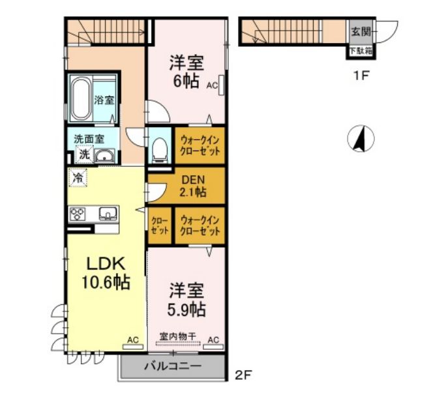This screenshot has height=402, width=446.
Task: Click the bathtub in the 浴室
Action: pyautogui.click(x=81, y=99)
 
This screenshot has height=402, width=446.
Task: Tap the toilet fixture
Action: pyautogui.click(x=160, y=150)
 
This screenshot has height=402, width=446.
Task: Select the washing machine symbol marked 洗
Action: pyautogui.click(x=84, y=154)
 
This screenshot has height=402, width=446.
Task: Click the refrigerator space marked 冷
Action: pyautogui.click(x=78, y=177)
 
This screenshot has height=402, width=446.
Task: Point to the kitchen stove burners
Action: pyautogui.click(x=78, y=214)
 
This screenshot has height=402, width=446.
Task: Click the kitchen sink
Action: pyautogui.click(x=108, y=214)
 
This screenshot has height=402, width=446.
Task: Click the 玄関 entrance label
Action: pyautogui.click(x=361, y=31)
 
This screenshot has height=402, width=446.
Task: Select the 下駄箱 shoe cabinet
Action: pyautogui.click(x=361, y=51)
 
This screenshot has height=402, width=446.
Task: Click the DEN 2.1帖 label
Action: pyautogui.click(x=193, y=186)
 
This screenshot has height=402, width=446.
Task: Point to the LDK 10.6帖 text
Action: pyautogui.click(x=106, y=273)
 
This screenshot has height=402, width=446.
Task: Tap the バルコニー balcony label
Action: pyautogui.click(x=173, y=366)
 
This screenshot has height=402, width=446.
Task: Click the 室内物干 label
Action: pyautogui.click(x=177, y=337)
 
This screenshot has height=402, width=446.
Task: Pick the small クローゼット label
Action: pyautogui.click(x=160, y=225)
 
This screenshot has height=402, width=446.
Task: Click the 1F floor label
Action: pyautogui.click(x=361, y=76)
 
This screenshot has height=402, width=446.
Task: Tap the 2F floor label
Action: pyautogui.click(x=243, y=375)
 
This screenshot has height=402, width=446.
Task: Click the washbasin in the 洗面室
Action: pyautogui.click(x=104, y=156)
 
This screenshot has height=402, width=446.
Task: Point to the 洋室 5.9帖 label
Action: pyautogui.click(x=186, y=300)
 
